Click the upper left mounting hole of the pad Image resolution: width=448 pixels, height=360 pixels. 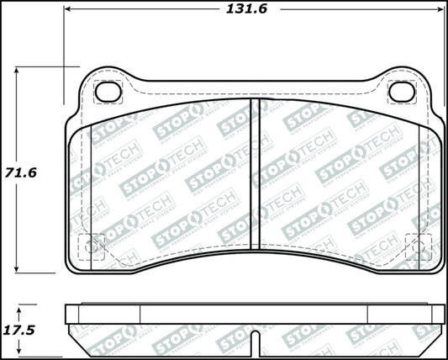107,91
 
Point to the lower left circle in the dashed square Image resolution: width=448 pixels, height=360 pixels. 91,246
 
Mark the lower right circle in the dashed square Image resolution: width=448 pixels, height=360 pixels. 418,246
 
